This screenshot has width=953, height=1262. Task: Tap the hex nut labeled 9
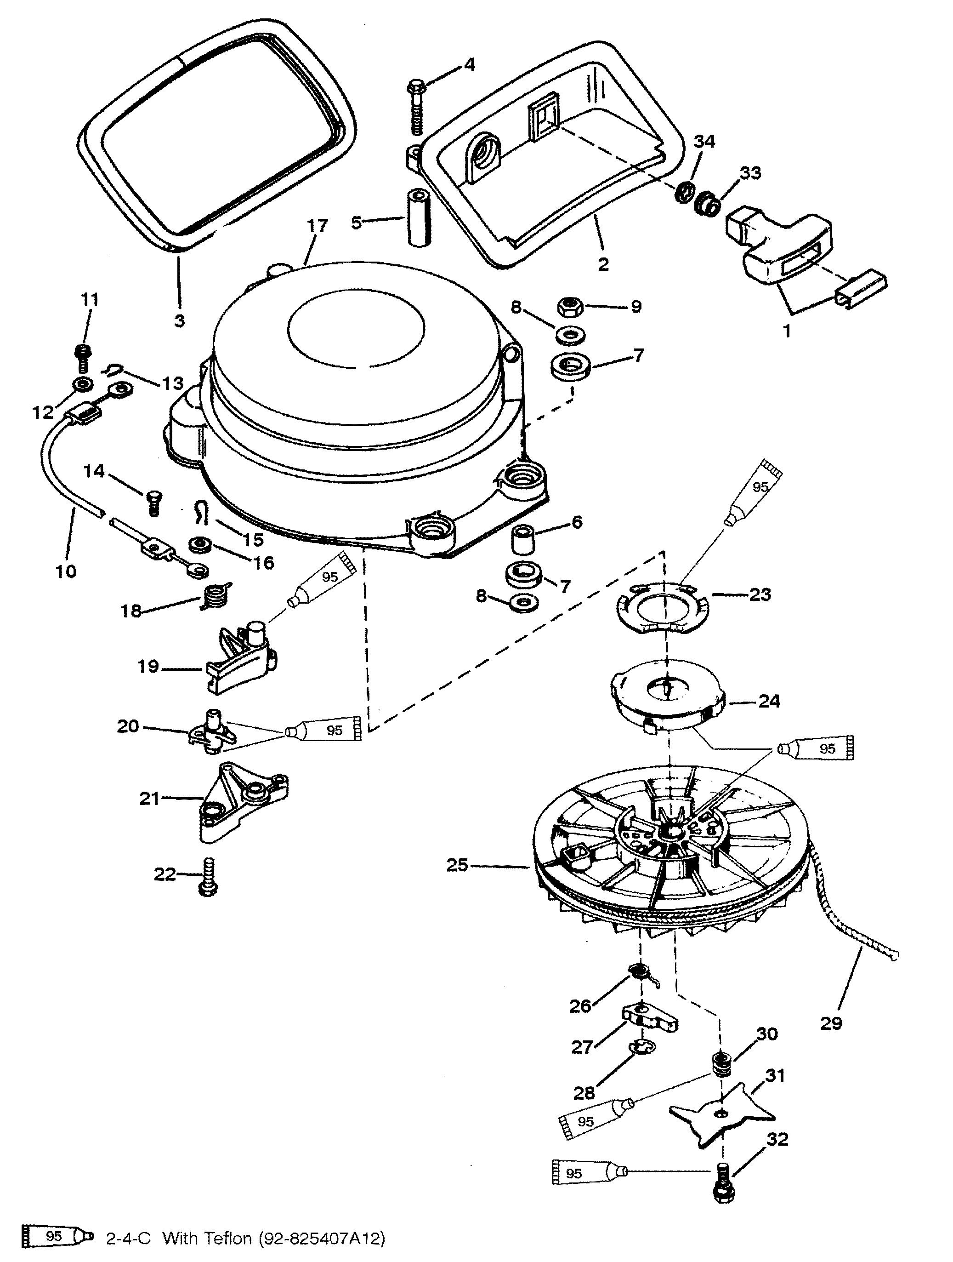pos(569,308)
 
